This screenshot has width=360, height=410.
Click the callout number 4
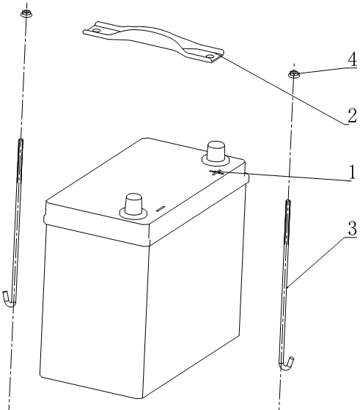point(352,59)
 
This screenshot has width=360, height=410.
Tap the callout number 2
point(352,115)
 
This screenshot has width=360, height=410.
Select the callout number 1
point(353,172)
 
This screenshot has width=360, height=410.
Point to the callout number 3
point(353,228)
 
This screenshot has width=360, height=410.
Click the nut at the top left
point(26,13)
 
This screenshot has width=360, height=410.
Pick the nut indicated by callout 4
point(294,73)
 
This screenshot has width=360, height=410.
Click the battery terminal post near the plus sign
point(216,153)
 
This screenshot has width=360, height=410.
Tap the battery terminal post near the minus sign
point(133,206)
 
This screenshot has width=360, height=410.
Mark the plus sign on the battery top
point(216,172)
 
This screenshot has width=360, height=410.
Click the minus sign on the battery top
point(161,208)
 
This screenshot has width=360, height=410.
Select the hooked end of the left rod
point(9,300)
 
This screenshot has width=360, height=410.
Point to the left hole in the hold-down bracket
point(97,31)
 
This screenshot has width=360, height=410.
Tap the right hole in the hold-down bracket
point(210,56)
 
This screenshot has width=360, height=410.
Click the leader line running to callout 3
point(316,263)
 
